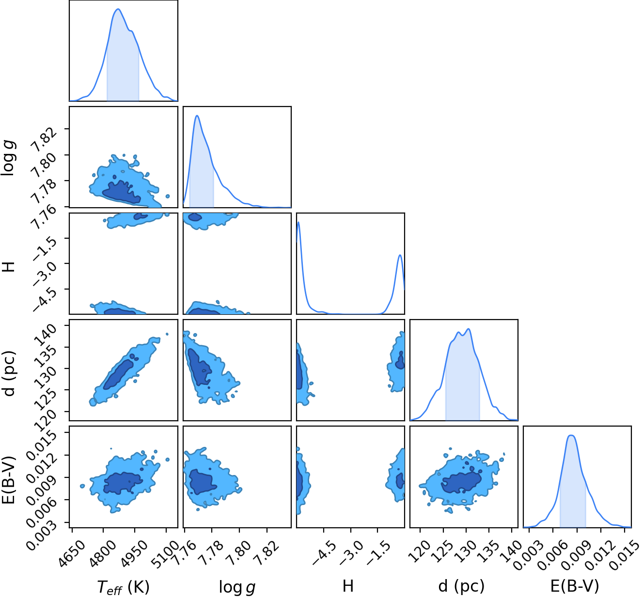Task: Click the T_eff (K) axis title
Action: (x=124, y=585)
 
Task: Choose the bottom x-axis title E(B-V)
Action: (x=575, y=585)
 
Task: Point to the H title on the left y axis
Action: (x=9, y=267)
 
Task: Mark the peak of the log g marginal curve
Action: (x=197, y=116)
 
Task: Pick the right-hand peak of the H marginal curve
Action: (x=400, y=255)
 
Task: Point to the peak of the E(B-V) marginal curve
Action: (x=571, y=435)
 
